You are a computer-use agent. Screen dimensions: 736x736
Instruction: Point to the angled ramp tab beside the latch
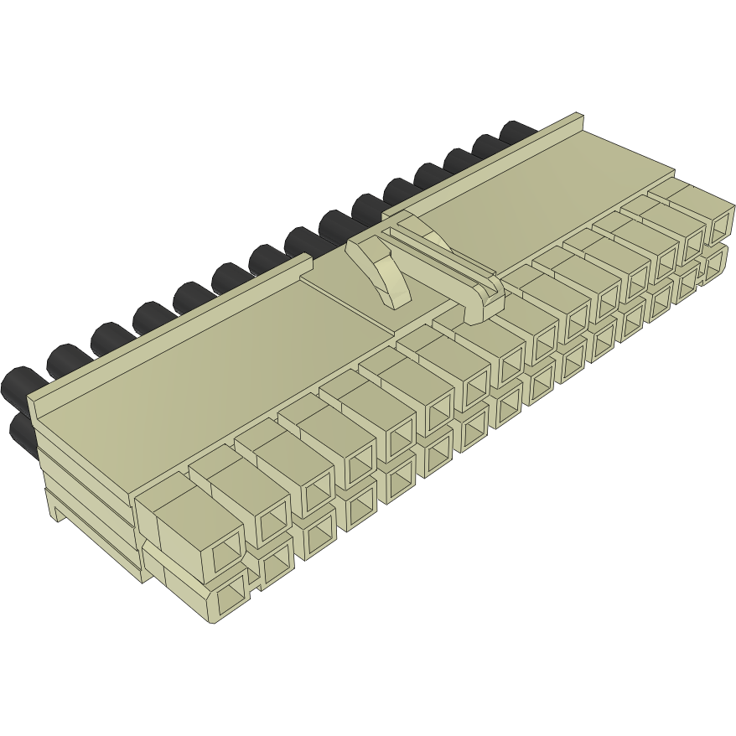tap(381, 268)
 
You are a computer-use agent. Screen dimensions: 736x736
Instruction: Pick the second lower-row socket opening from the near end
tap(276, 567)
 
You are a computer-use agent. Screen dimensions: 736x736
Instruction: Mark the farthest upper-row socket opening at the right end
tap(719, 225)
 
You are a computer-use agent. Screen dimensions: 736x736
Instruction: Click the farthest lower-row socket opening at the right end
tap(716, 264)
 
